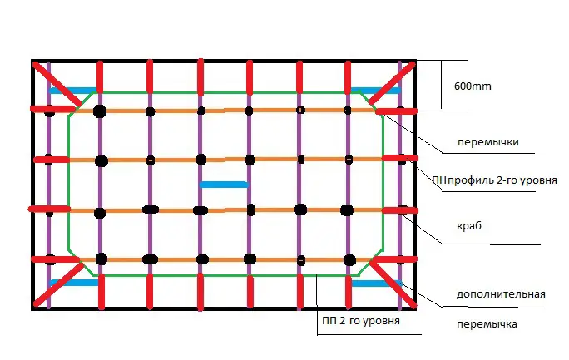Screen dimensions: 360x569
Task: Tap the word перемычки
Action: (487, 142)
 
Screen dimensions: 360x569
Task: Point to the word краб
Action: (469, 226)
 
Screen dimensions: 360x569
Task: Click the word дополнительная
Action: (501, 294)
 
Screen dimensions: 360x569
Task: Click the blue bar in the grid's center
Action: (224, 184)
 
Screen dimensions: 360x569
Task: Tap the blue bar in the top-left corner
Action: (72, 90)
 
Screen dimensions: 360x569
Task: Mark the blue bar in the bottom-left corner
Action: (73, 283)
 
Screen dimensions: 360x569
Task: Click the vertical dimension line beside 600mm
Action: (442, 85)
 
